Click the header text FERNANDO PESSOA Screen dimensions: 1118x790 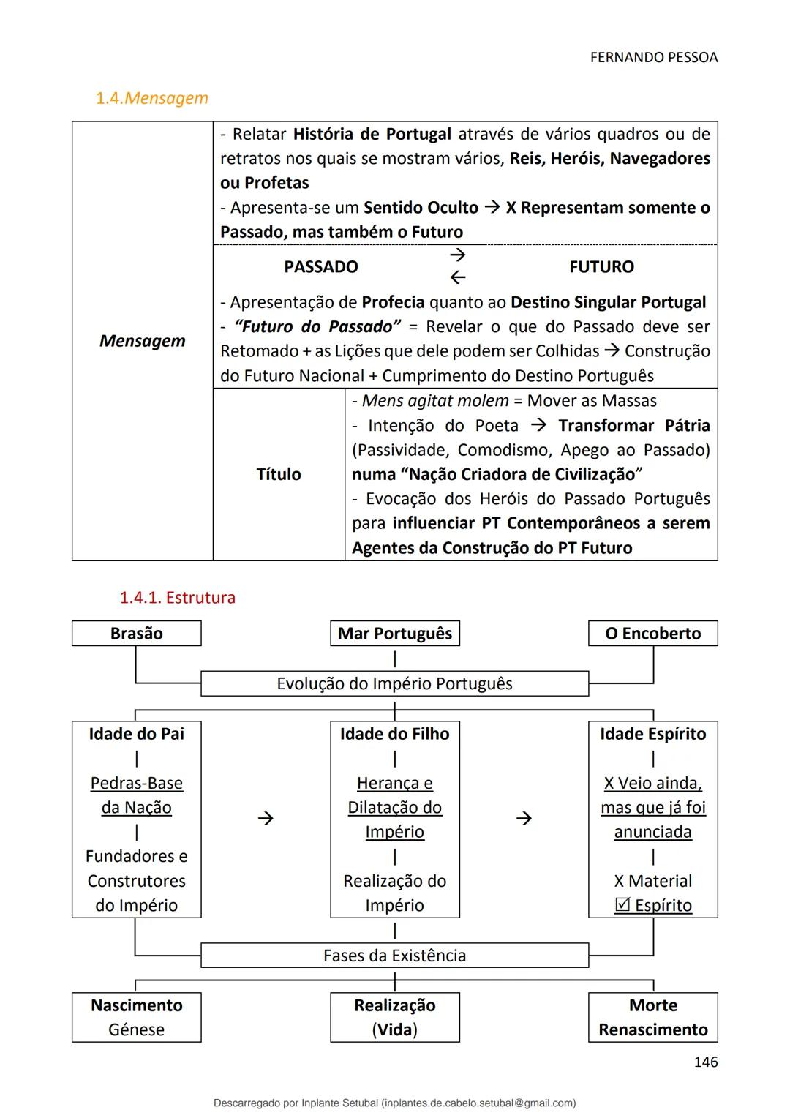[x=653, y=57]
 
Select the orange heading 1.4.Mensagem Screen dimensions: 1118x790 [x=151, y=98]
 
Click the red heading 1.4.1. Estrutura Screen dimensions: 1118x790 [x=177, y=598]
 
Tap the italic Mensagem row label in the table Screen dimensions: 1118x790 [x=142, y=341]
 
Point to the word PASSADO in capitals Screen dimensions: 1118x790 [x=320, y=267]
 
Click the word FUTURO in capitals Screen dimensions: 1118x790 [x=601, y=267]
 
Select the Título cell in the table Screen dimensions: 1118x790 [x=278, y=474]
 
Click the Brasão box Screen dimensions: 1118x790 [x=136, y=634]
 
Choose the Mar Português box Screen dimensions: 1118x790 [x=395, y=634]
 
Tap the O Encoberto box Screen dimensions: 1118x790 [x=652, y=634]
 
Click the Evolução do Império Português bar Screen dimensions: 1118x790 [x=394, y=683]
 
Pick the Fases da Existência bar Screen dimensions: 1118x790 [x=394, y=956]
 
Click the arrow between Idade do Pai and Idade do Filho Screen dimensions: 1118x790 [x=266, y=819]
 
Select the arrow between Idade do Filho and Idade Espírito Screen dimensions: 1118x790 [x=524, y=819]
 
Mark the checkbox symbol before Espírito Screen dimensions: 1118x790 [x=622, y=905]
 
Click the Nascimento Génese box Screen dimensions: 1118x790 [x=136, y=1017]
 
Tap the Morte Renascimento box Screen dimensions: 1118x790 [x=652, y=1017]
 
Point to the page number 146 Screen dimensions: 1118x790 [x=705, y=1062]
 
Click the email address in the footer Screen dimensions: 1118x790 [x=478, y=1103]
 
